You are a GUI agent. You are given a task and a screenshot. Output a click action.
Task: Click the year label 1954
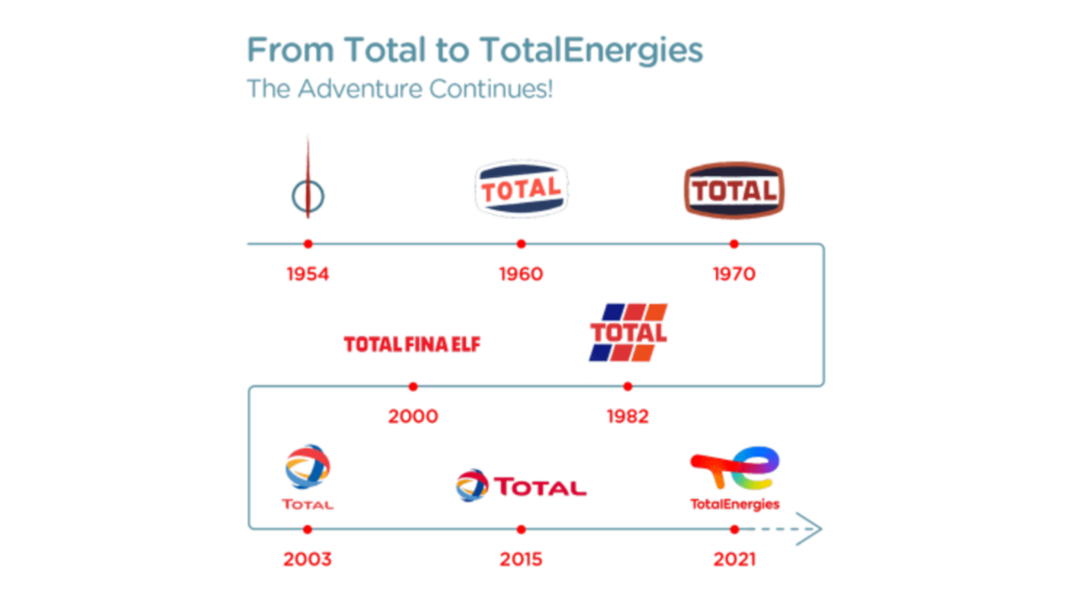(x=308, y=274)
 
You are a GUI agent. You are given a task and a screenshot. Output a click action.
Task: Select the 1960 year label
(x=521, y=274)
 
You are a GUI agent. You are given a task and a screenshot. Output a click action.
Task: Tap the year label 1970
(x=734, y=274)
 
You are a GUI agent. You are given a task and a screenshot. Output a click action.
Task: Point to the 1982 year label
(x=627, y=416)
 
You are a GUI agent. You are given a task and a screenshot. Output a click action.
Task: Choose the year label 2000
(x=413, y=416)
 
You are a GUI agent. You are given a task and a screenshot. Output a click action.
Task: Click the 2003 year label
(x=308, y=559)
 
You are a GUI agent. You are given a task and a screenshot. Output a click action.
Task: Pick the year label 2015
(x=521, y=559)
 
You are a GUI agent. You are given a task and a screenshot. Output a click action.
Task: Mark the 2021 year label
(x=734, y=559)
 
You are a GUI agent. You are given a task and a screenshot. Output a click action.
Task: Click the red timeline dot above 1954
(x=308, y=243)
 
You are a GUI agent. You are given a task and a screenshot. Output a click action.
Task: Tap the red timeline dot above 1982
(x=627, y=386)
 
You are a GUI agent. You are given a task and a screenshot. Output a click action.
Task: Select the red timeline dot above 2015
(x=521, y=529)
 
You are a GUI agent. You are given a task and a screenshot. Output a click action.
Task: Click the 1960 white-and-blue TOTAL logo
(x=521, y=189)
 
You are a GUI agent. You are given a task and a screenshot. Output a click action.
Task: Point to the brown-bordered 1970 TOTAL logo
(x=734, y=190)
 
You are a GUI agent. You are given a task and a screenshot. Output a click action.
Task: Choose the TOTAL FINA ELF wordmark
(x=412, y=344)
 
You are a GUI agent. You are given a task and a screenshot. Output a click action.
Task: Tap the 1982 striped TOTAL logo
(x=628, y=333)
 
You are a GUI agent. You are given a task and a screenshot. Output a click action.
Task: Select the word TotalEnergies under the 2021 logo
(x=734, y=504)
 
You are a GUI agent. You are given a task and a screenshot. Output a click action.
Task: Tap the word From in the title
(x=290, y=50)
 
